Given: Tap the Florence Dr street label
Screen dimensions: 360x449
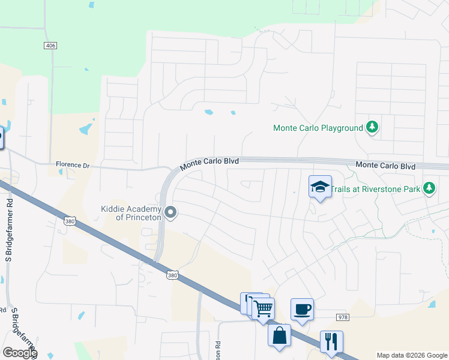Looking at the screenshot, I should point(72,164).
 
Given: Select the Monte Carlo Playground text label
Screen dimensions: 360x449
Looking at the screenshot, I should point(318,128).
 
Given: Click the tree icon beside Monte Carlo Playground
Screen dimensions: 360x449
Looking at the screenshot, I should point(372,127).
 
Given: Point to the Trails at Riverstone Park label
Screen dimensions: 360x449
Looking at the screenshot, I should point(376,188).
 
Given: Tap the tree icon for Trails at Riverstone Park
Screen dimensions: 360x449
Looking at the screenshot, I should point(429,188).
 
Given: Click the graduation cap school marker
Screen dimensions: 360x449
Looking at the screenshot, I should point(321,187).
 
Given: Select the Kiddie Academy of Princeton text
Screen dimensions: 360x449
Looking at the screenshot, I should point(131,213).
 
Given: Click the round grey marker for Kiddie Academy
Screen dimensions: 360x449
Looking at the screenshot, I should point(171,212).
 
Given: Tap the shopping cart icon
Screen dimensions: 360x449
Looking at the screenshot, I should point(263,309).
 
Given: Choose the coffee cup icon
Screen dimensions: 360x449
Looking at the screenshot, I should point(302,309).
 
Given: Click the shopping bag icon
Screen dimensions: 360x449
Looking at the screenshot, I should point(280,335).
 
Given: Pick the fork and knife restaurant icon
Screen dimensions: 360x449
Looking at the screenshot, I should point(331,341).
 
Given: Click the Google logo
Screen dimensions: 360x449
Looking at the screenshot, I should point(20,352).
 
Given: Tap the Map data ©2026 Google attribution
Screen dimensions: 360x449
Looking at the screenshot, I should point(411,355).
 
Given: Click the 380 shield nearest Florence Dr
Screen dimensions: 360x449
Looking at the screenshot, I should point(69,221).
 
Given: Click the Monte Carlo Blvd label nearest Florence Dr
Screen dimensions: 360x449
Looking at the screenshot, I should point(210,162).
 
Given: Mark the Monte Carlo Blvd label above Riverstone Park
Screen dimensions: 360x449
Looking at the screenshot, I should point(385,165).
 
